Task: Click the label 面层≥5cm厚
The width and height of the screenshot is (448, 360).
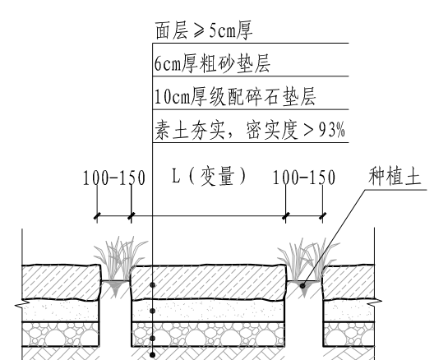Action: click(204, 30)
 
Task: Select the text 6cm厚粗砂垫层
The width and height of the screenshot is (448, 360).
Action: click(212, 63)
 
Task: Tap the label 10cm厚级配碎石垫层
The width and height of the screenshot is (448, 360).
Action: click(235, 96)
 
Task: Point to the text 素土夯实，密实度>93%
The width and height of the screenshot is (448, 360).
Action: click(250, 129)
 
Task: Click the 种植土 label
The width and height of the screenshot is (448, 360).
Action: click(395, 176)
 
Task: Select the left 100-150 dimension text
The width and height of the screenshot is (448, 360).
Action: click(114, 178)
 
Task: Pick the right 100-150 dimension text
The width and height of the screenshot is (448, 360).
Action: click(304, 178)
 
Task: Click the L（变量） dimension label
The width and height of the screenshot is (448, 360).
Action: click(209, 176)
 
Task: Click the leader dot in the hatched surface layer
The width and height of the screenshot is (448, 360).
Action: click(153, 285)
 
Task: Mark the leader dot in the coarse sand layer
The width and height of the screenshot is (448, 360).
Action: click(153, 311)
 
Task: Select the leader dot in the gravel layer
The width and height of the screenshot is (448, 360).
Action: click(153, 339)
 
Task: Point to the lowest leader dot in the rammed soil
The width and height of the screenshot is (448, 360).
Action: click(153, 355)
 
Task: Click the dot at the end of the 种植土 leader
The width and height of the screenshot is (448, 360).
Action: click(303, 285)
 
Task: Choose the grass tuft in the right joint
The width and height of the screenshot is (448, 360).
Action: click(308, 260)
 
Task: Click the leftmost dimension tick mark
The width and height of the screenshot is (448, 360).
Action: click(97, 216)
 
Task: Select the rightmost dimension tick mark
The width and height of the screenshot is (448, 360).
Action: click(322, 216)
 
